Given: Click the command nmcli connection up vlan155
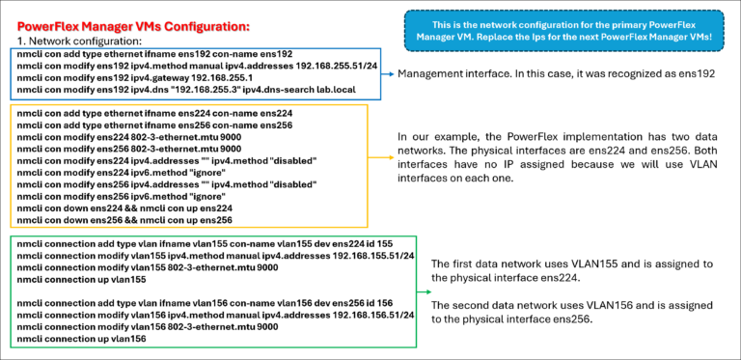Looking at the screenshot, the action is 82,279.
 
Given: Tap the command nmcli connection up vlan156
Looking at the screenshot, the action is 82,338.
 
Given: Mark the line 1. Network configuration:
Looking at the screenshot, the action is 80,42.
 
